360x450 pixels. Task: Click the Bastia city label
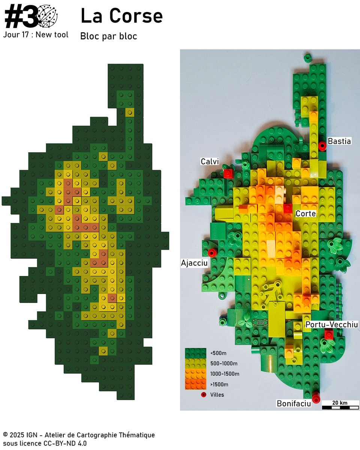click(339, 141)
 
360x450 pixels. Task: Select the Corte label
click(306, 214)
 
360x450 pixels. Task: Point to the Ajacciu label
click(194, 263)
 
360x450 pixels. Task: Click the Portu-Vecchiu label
click(331, 325)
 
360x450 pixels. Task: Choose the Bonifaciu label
click(294, 403)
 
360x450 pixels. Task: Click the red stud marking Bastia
click(322, 145)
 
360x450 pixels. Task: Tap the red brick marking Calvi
click(228, 173)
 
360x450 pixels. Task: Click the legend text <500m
click(218, 353)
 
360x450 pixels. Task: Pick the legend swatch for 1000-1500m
click(196, 373)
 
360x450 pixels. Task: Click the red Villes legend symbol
click(204, 394)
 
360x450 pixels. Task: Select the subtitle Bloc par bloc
click(108, 36)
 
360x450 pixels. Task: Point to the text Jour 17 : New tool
click(36, 35)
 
